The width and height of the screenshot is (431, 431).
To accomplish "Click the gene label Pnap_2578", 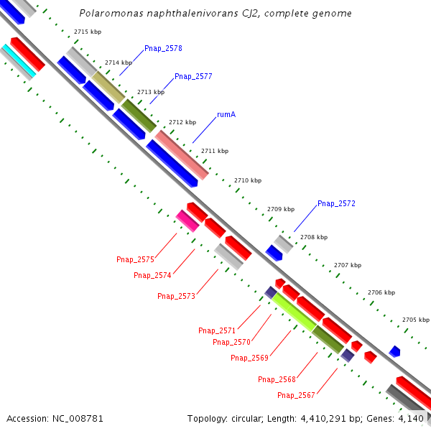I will coord(163,48).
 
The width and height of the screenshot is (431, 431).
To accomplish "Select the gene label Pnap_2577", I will coord(193,76).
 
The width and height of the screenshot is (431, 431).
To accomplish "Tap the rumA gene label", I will coord(226,114).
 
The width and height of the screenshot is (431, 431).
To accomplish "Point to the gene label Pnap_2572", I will coord(336,204).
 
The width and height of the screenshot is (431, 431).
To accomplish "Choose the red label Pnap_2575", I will coord(135,259).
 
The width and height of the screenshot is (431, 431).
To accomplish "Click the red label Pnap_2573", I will coord(176,296).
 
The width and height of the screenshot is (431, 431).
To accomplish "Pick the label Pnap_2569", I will coord(249,358).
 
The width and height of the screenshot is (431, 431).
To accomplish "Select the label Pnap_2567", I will coord(296,395).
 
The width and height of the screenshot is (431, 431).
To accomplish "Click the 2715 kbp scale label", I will coord(86,32).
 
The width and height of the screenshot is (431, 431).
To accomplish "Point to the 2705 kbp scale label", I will coord(414,320).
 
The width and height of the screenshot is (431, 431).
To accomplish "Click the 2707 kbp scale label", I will coord(347,265).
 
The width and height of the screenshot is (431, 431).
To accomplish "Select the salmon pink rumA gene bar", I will coord(182,154).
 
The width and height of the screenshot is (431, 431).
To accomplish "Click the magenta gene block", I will coord(187,221).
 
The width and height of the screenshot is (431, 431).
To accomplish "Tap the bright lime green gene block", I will coord(295,312).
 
